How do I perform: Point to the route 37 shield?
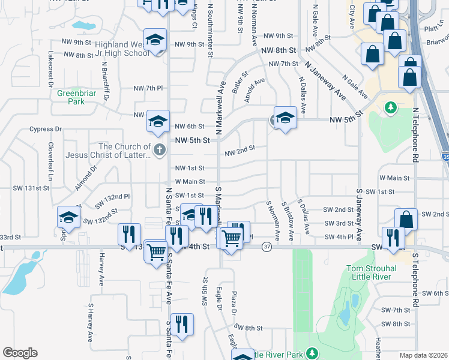[x=267, y=247]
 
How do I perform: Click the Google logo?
[x=20, y=353]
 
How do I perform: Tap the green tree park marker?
[x=391, y=107]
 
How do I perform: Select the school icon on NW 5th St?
[x=285, y=117]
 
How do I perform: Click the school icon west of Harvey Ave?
[x=69, y=218]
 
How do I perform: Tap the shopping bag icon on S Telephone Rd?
[x=406, y=220]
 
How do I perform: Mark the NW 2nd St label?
[x=240, y=151]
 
